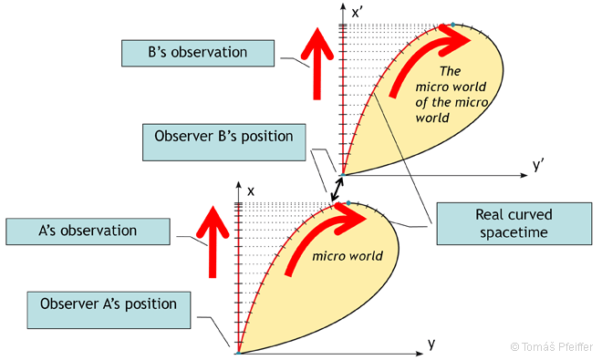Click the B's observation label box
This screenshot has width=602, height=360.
(197, 52)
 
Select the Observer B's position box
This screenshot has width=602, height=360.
(223, 138)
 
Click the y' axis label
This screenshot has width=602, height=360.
(538, 165)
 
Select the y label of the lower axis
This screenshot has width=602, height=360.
(430, 343)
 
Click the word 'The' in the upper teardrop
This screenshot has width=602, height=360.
(451, 71)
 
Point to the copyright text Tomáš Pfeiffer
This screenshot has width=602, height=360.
(550, 347)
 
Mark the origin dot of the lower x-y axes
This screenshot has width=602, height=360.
(237, 352)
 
